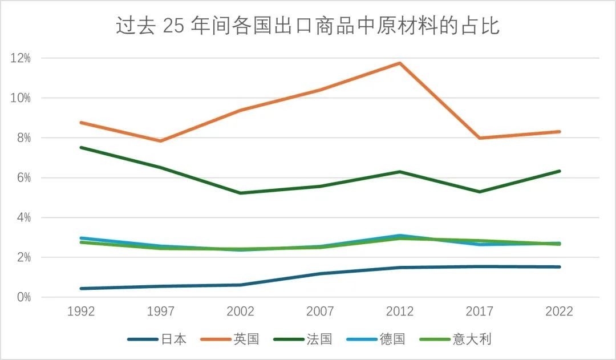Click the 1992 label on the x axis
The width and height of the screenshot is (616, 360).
[81, 312]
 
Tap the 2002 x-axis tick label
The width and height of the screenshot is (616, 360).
[240, 312]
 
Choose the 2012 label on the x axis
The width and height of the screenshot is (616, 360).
[400, 312]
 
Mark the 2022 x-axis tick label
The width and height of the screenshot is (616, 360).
[559, 312]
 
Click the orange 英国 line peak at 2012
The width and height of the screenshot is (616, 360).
[400, 63]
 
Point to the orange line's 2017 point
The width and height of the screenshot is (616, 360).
[480, 138]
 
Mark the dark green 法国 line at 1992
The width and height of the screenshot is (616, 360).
[81, 147]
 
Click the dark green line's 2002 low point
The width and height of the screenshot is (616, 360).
[240, 193]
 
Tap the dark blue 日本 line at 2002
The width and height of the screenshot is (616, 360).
[240, 285]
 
